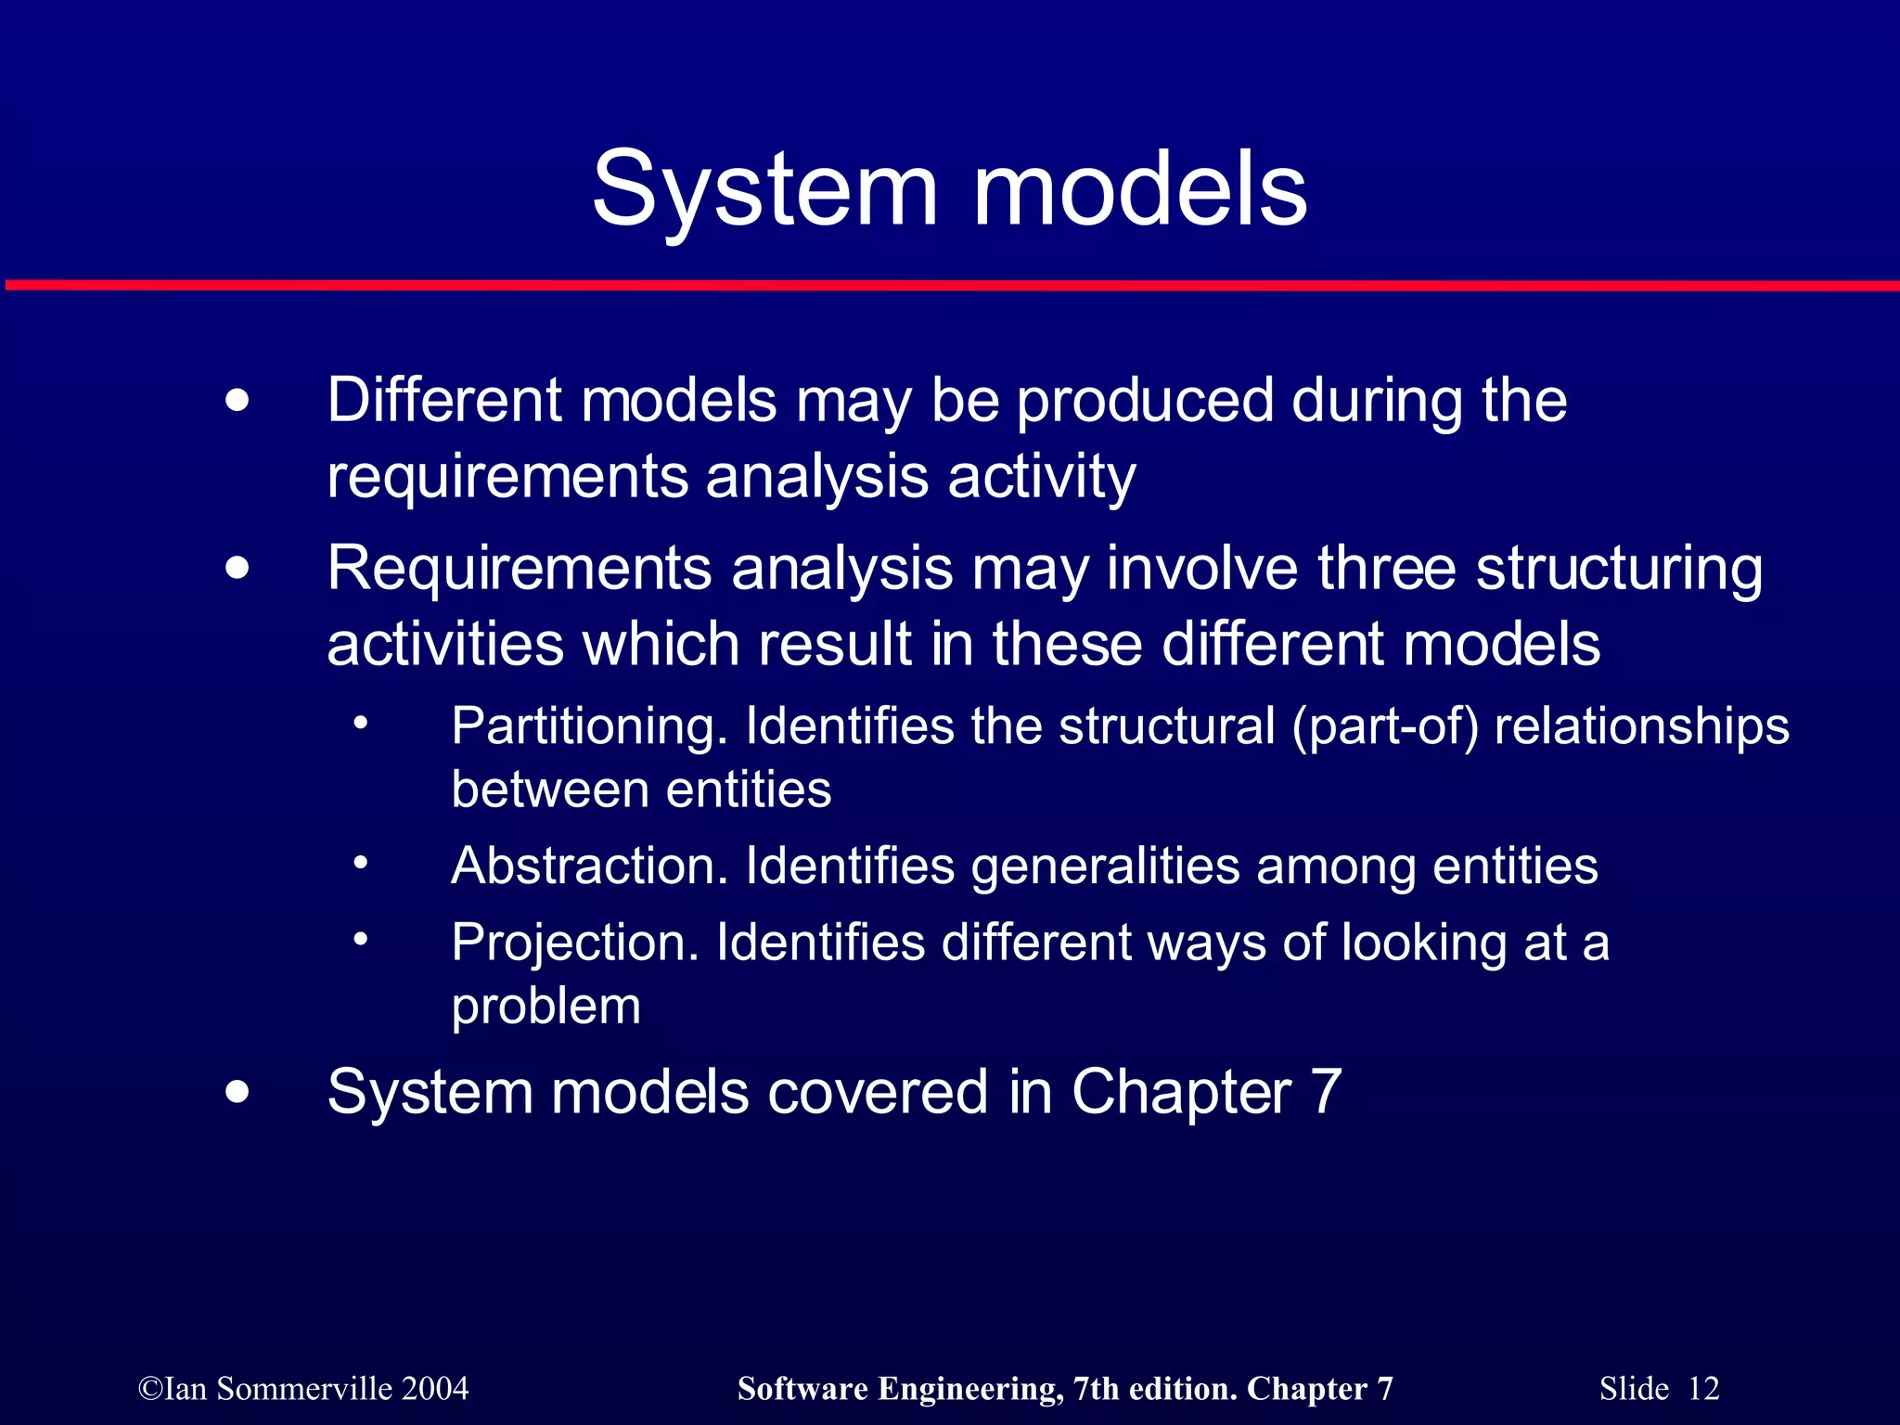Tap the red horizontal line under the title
950,285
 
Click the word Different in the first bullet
444,400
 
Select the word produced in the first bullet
1145,402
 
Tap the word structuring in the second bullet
1619,570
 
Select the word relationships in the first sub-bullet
1641,726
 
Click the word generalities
1105,867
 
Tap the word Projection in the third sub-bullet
574,943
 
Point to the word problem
546,1007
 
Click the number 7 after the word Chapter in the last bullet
1326,1092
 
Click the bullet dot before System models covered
237,1092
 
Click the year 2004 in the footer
436,1389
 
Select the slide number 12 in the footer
1703,1389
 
